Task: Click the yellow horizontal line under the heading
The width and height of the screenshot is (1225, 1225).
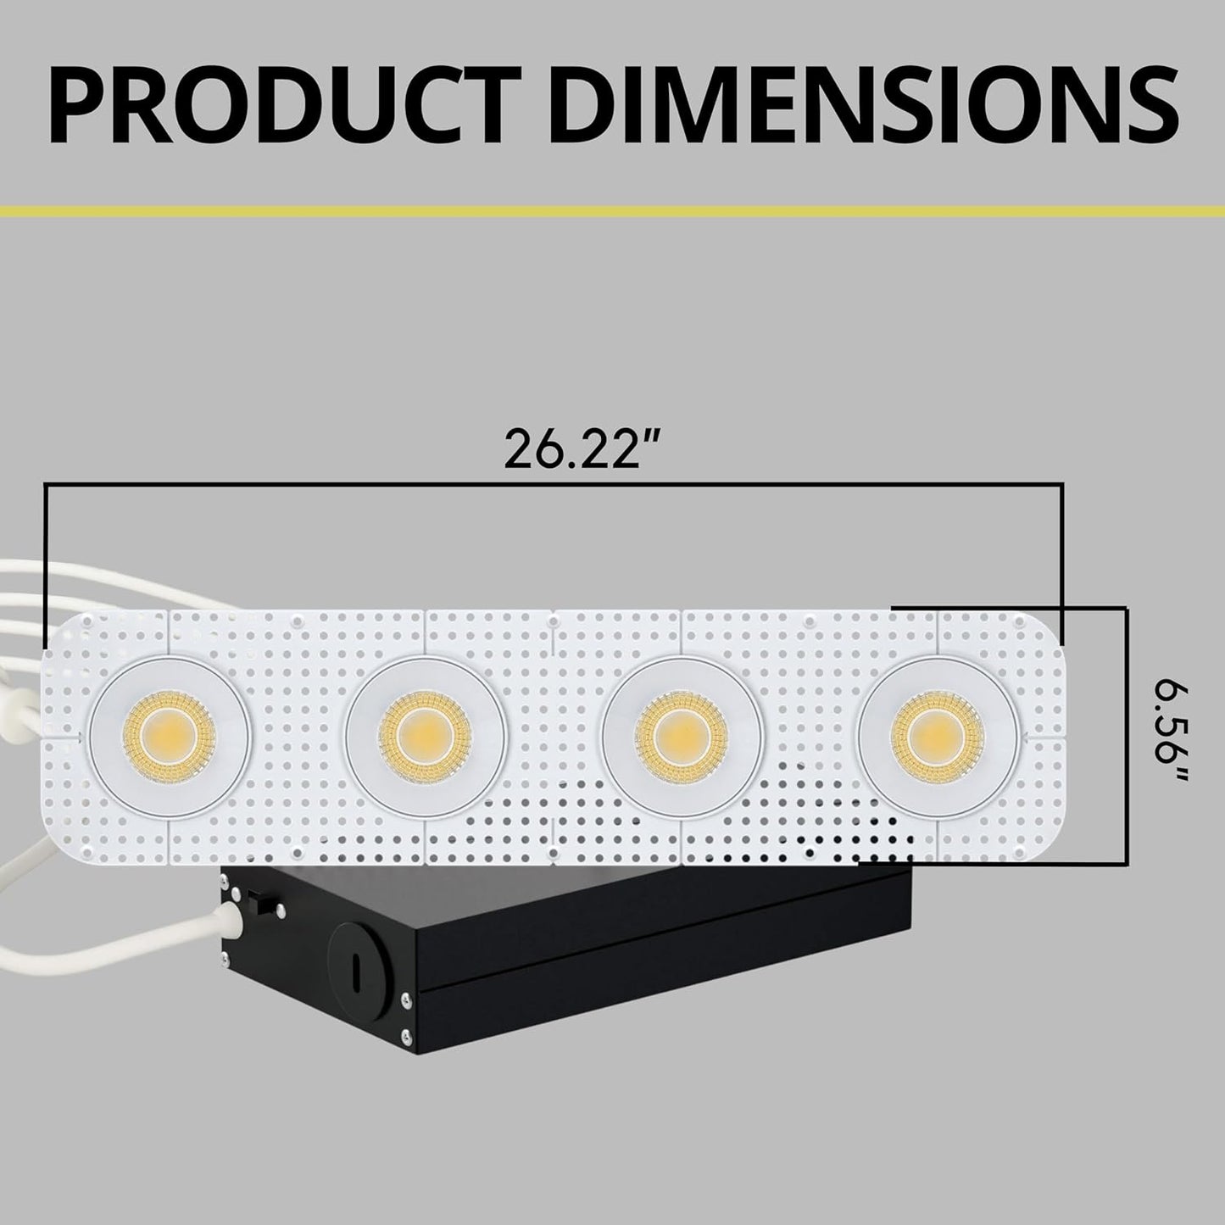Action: [x=612, y=210]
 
